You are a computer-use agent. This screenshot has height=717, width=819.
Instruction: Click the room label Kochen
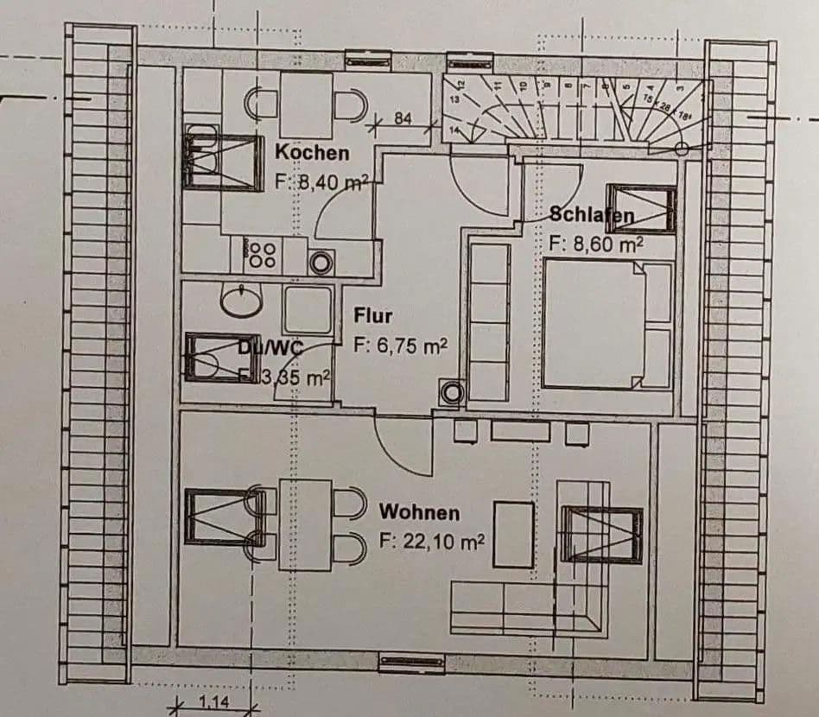(x=312, y=153)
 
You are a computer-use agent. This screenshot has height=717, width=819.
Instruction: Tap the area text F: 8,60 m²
(x=596, y=243)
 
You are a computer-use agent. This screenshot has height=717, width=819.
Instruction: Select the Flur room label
(x=372, y=316)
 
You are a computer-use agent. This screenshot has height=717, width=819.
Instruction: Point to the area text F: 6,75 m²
(x=400, y=346)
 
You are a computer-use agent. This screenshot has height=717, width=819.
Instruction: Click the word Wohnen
(x=419, y=512)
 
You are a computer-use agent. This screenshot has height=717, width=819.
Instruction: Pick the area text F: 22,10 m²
(x=431, y=543)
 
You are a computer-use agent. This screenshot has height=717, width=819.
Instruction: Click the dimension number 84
(x=403, y=119)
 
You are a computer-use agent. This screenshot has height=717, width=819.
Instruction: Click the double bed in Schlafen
(x=608, y=325)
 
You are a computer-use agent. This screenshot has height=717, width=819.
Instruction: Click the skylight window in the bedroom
(x=640, y=208)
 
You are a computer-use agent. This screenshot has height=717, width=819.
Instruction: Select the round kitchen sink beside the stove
(x=322, y=262)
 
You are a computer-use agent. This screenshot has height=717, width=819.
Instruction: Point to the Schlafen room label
(x=593, y=216)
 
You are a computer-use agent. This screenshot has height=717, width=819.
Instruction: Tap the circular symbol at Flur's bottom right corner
(x=452, y=393)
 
